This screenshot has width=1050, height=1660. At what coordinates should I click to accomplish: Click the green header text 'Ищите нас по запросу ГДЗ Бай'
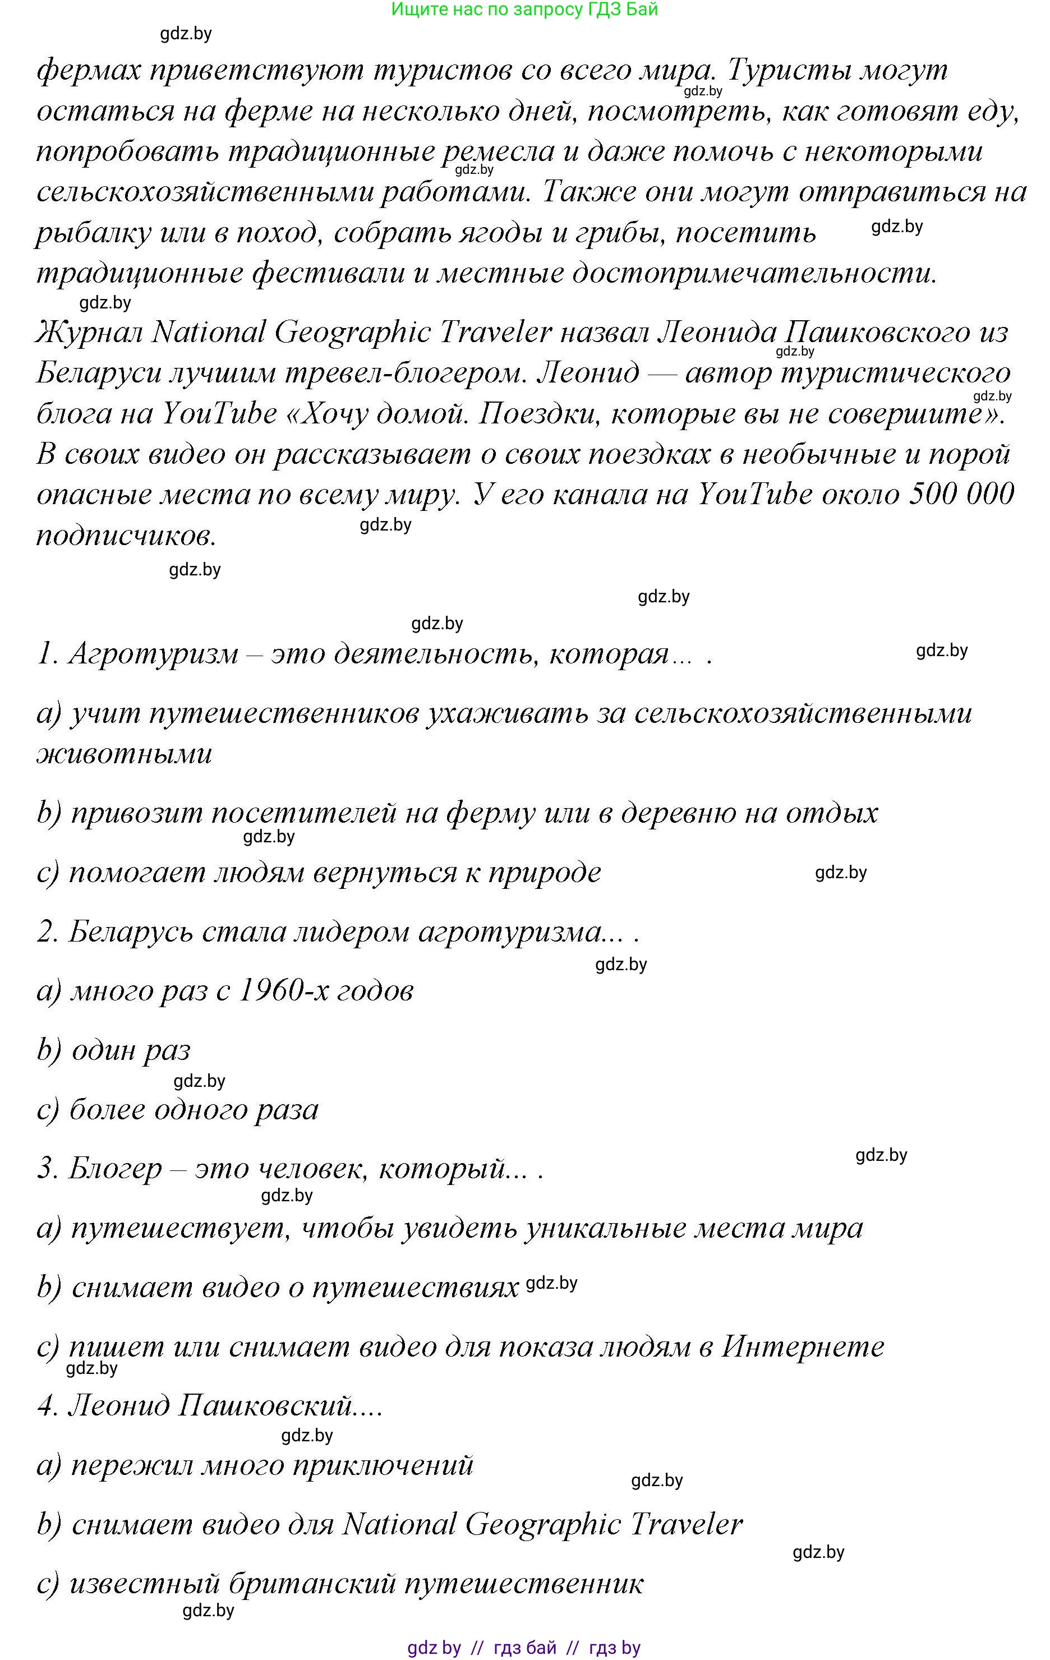point(524,10)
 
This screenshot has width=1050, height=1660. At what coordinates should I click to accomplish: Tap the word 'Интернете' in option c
point(802,1347)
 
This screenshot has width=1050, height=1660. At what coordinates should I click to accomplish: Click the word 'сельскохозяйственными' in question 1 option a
point(803,713)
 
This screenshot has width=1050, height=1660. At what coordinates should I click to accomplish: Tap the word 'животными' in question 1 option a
point(124,754)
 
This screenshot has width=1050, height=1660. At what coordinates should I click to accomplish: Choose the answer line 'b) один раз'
point(114,1050)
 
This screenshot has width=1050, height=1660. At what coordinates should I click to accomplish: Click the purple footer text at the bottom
point(524,1648)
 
